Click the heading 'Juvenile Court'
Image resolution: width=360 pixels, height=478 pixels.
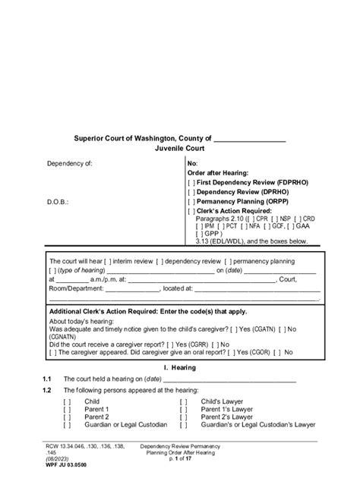click(x=179, y=150)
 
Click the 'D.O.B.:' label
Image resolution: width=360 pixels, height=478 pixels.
click(x=59, y=203)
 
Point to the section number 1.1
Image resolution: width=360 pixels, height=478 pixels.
click(x=47, y=379)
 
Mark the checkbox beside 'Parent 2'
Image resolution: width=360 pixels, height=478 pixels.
click(x=68, y=417)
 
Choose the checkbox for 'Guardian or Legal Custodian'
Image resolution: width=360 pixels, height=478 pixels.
click(x=68, y=424)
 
